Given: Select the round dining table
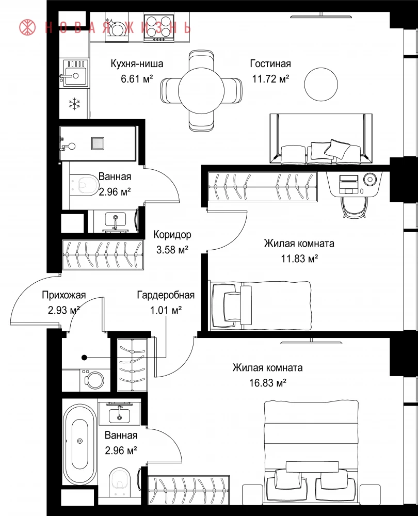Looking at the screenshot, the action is pos(201,90).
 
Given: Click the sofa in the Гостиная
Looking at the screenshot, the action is pos(321,138).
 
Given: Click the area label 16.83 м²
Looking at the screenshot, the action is pos(268,383).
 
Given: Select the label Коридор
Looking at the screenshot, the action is pos(172,235).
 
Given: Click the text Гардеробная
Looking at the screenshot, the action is pos(166,295).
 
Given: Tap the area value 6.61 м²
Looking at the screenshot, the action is pos(137,78).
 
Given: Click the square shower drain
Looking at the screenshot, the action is pos(98,143).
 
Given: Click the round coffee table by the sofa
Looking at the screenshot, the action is pos(321,84).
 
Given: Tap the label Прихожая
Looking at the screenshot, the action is pos(64,295).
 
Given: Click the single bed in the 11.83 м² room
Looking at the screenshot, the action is pos(260,305).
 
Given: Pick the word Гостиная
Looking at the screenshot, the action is pos(270,63).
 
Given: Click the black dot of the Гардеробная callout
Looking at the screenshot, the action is pos(84,358).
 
